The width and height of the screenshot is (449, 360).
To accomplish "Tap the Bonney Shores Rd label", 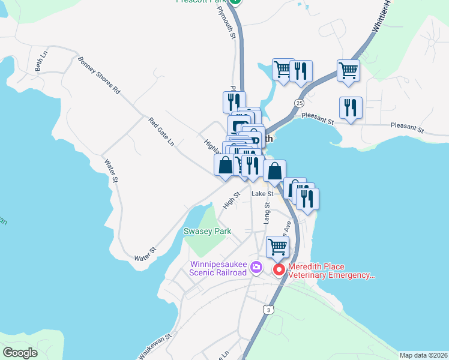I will tap(99, 76).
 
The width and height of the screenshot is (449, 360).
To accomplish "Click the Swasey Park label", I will tap(207, 231).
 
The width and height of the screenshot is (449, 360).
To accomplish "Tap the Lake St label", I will tap(262, 194).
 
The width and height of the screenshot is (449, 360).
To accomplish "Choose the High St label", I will tap(231, 200).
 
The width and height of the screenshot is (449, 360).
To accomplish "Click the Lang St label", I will tap(267, 213).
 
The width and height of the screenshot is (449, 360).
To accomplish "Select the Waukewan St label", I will tap(155, 347).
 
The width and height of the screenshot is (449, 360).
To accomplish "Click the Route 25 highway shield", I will tap(299, 103).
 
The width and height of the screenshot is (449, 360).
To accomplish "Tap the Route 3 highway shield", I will tap(267, 309).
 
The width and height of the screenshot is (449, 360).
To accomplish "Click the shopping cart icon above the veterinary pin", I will tap(277, 245).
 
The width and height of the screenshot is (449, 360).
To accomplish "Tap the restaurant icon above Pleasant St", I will tap(351, 107).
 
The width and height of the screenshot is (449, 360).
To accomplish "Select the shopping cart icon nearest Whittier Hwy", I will tap(348, 70).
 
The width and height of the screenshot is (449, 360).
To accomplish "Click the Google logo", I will tap(20, 353).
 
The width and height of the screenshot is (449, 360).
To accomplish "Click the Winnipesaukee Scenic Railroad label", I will tap(218, 268).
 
